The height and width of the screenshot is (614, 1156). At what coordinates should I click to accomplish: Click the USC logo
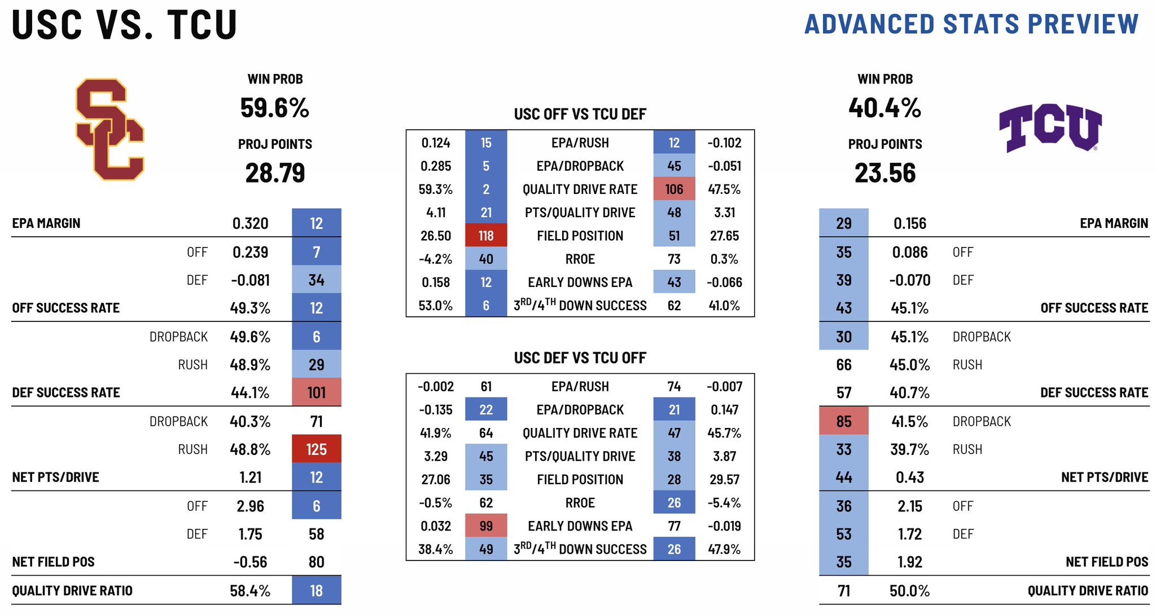[x=110, y=130]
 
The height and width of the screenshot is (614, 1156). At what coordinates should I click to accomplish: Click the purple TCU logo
[x=1050, y=128]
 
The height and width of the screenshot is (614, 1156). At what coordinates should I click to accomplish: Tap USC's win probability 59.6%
[x=275, y=108]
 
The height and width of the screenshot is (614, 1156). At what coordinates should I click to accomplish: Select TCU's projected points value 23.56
[x=884, y=173]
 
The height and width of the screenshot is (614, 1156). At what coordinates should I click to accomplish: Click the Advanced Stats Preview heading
[x=971, y=24]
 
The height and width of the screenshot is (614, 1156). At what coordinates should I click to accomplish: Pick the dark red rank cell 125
[x=316, y=449]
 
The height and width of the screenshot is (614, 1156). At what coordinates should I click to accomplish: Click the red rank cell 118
[x=486, y=236]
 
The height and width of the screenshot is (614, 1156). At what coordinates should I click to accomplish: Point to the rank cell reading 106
[x=674, y=189]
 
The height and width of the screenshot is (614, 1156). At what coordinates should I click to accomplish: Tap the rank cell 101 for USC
[x=316, y=392]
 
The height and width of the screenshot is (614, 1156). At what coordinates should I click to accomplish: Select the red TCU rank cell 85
[x=843, y=421]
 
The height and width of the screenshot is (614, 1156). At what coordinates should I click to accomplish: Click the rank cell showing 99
[x=486, y=526]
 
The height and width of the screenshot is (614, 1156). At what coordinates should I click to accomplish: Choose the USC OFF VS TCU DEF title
[x=580, y=114]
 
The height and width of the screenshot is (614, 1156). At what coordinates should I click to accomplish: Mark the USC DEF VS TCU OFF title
[x=580, y=358]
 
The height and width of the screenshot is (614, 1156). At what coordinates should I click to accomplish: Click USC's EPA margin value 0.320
[x=250, y=224]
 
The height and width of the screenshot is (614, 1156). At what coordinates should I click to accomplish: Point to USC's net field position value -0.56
[x=250, y=562]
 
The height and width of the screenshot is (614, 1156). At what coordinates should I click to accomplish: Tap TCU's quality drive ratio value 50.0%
[x=909, y=591]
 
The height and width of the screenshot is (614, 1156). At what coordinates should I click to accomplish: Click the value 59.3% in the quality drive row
[x=435, y=189]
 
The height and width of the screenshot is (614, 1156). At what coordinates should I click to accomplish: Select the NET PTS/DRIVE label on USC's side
[x=55, y=478]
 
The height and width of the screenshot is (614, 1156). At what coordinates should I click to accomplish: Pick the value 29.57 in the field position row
[x=724, y=480]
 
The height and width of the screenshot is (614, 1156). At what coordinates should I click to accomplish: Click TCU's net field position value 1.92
[x=909, y=562]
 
